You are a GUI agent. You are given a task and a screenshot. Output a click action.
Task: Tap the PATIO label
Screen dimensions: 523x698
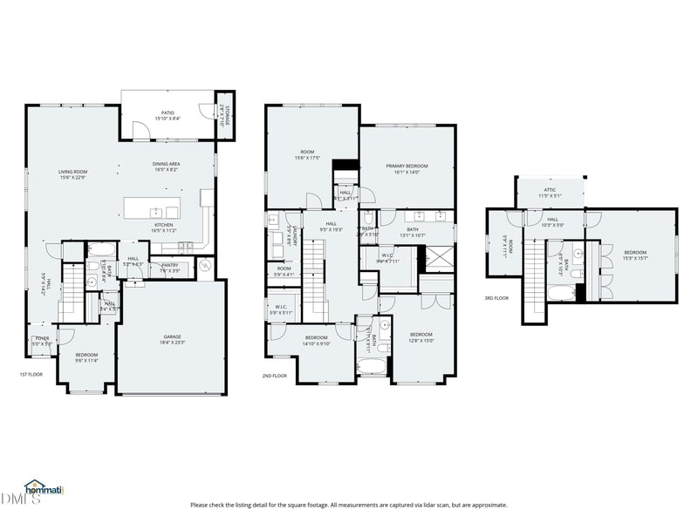tap(167, 113)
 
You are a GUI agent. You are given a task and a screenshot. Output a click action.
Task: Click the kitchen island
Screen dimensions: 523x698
tap(154, 210)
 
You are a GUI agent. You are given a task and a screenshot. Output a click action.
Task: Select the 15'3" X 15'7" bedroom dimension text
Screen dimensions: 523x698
tap(634, 256)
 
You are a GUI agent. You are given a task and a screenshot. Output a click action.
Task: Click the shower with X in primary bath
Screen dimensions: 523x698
tap(432, 259)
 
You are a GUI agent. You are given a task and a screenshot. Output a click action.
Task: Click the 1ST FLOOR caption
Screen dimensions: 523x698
tap(31, 375)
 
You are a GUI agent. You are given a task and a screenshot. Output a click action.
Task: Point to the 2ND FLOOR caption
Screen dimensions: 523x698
tap(275, 376)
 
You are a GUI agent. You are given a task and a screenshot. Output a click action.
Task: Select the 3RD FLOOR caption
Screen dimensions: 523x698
tap(496, 298)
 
